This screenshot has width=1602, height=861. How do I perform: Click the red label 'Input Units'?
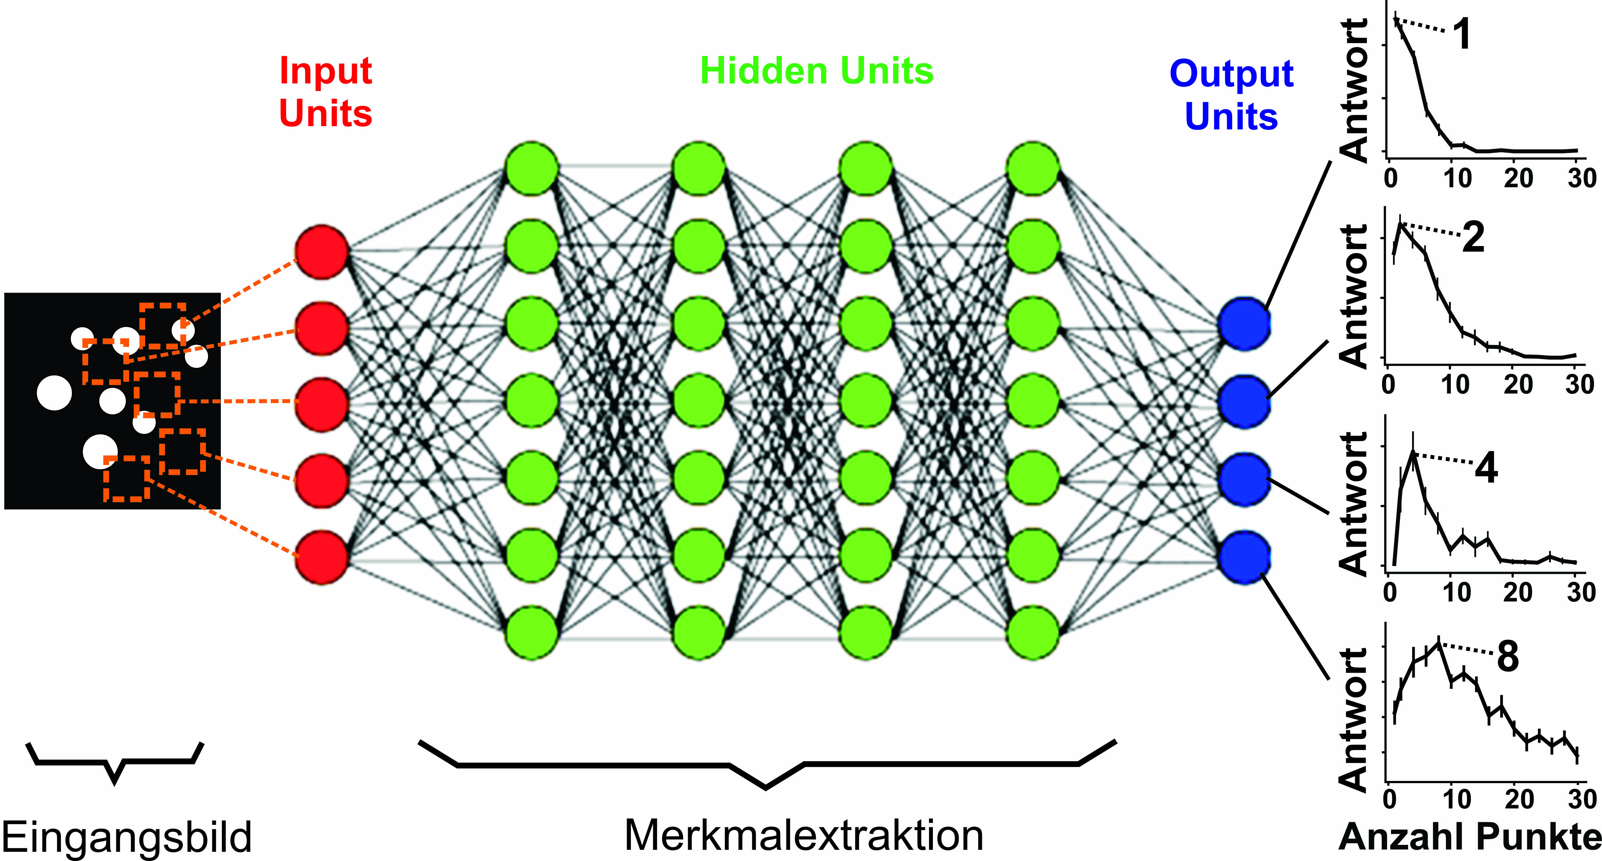click(x=325, y=92)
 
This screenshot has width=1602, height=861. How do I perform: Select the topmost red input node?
click(x=321, y=252)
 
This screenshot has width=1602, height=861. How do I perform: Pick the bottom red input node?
click(x=321, y=557)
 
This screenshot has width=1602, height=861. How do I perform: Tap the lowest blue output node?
click(x=1244, y=557)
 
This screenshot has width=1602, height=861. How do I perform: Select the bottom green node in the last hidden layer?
click(x=1032, y=633)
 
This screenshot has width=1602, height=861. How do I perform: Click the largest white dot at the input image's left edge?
click(x=55, y=393)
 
